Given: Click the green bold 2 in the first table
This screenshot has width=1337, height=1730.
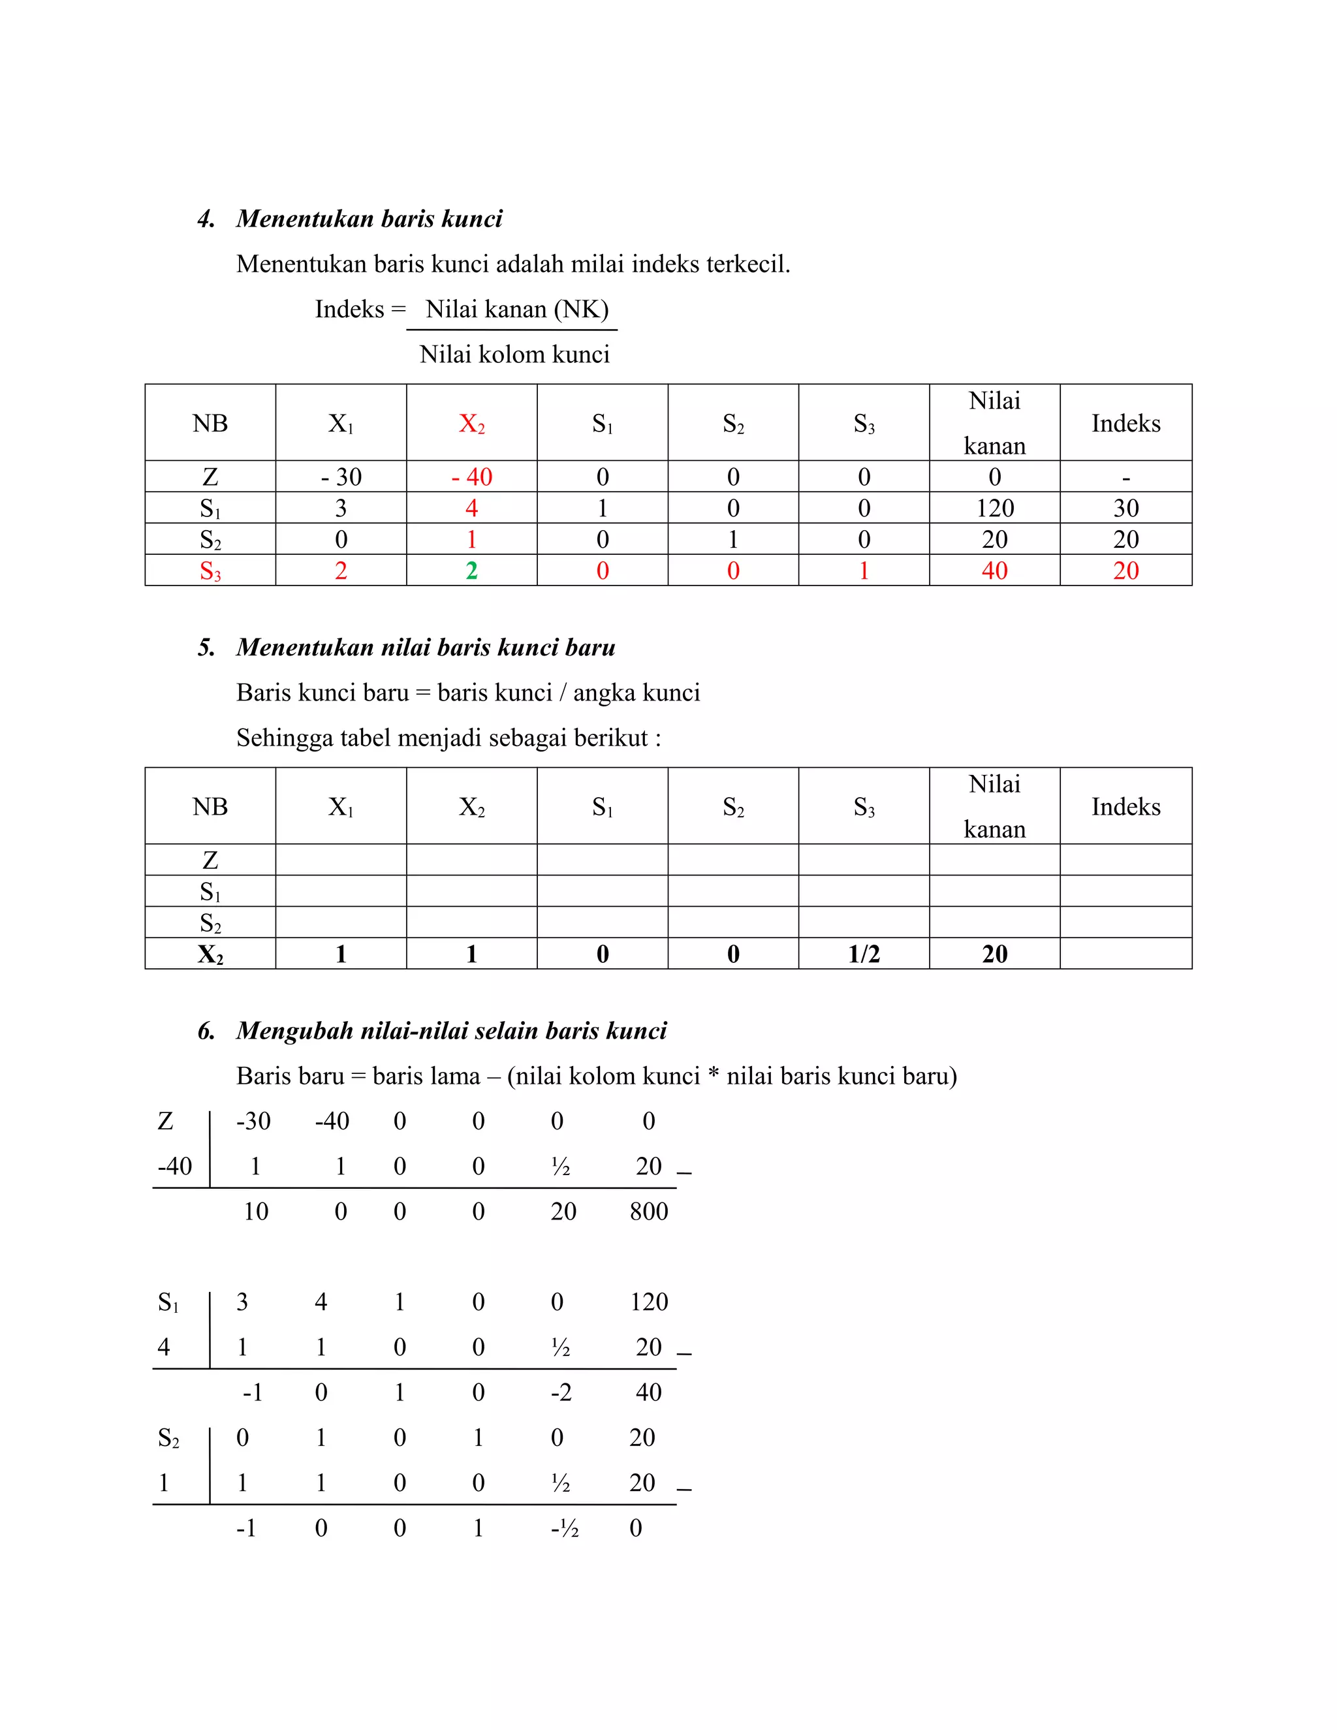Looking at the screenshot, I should pos(471,571).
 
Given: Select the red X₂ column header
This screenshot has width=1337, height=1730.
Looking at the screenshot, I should pos(471,424).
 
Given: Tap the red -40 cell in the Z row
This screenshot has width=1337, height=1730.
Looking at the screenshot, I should pos(471,477).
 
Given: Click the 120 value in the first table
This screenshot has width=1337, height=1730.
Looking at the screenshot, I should pos(994,508).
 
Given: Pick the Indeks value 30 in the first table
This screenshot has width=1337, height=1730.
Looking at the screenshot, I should pos(1125,508).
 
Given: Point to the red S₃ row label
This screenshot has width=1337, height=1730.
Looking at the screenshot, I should pos(210,571).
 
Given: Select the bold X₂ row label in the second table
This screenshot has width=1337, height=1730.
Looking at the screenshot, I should pos(210,954).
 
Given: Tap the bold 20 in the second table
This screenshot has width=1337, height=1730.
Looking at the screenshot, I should pos(994,954).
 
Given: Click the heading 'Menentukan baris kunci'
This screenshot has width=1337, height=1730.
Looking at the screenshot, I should pos(369,219).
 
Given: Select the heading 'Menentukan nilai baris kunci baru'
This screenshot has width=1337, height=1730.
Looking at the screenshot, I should pos(426,647).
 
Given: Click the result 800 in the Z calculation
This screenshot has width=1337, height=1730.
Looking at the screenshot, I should pos(649,1211).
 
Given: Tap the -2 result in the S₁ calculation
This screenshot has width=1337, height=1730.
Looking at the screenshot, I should pos(561,1392).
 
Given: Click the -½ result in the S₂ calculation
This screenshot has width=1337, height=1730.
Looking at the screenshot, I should pos(564,1528).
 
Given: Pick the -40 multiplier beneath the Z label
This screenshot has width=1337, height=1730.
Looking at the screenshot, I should pos(174,1166).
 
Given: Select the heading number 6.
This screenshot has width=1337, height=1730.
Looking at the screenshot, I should pos(206,1031).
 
